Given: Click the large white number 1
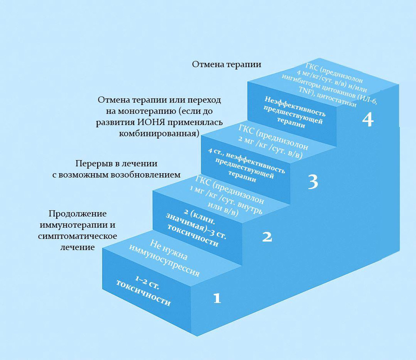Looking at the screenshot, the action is pyautogui.click(x=217, y=298).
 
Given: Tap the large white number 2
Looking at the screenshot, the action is pyautogui.click(x=267, y=237).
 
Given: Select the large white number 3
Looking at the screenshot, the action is pyautogui.click(x=313, y=182).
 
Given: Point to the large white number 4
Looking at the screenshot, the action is pyautogui.click(x=368, y=119).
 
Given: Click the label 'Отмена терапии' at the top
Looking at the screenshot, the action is pyautogui.click(x=227, y=64).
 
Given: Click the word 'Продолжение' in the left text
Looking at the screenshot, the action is pyautogui.click(x=78, y=214).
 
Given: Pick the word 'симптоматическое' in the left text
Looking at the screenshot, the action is pyautogui.click(x=77, y=236).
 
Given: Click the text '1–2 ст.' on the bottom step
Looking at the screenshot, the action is pyautogui.click(x=147, y=282).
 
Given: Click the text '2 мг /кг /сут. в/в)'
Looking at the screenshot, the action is pyautogui.click(x=270, y=147).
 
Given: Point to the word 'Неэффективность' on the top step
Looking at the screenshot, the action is pyautogui.click(x=295, y=106).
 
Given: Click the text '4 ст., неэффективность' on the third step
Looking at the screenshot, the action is pyautogui.click(x=246, y=161).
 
